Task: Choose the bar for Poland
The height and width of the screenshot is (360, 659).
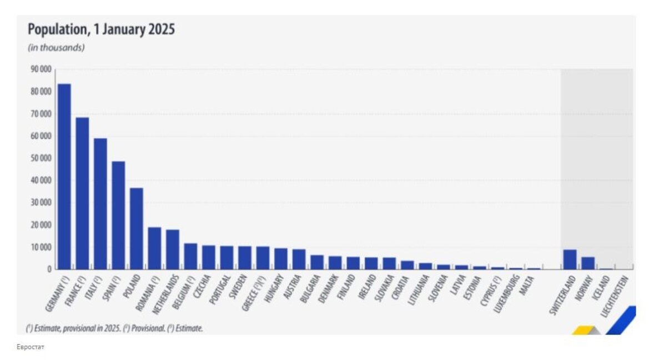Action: (x=137, y=228)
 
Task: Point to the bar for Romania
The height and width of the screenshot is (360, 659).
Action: (x=154, y=248)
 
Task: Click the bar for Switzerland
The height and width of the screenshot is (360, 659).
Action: (x=570, y=259)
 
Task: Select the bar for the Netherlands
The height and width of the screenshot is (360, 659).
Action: (x=173, y=249)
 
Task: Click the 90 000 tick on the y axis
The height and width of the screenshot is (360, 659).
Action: (x=41, y=69)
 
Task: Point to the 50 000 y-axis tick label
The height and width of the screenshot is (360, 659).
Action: (x=41, y=158)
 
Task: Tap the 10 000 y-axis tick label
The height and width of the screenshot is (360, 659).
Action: (x=41, y=247)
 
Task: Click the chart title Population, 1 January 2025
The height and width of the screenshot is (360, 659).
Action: (x=101, y=29)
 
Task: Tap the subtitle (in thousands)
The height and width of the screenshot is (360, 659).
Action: (x=56, y=48)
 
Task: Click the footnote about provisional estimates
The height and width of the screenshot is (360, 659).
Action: (x=114, y=328)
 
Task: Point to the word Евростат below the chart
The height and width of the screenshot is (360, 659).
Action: (x=30, y=347)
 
